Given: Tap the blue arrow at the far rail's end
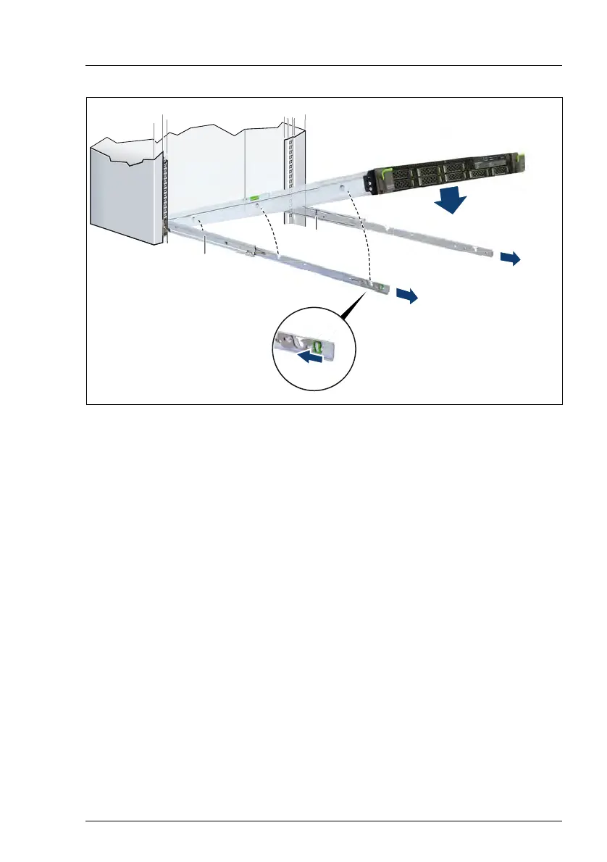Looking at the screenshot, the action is [x=511, y=259].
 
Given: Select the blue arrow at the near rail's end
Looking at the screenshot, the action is [x=408, y=296].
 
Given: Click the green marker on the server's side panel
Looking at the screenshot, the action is [x=255, y=196].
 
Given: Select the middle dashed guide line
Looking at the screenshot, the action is [x=272, y=228].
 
